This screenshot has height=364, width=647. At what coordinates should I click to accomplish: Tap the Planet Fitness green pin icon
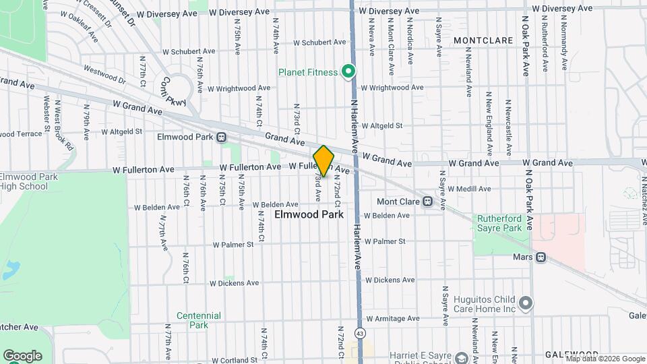[x=348, y=71]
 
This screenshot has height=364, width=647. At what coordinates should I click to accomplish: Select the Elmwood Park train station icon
[x=221, y=137]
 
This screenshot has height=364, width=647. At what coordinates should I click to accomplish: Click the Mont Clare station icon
[x=427, y=202]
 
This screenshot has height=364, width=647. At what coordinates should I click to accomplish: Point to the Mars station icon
[x=541, y=257]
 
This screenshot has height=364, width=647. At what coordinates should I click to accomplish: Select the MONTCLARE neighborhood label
[x=484, y=40]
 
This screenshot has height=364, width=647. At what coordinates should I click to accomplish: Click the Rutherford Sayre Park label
[x=499, y=223]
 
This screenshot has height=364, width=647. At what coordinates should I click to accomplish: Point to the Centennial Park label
[x=199, y=320]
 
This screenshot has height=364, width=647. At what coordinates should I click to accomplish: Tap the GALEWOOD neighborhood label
[x=572, y=355]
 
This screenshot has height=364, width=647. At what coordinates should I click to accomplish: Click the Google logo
[x=22, y=355]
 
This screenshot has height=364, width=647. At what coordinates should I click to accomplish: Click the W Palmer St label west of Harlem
[x=233, y=244]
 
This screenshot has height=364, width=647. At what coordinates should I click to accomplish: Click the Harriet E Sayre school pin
[x=462, y=356]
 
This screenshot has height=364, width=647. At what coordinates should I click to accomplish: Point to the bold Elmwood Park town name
[x=309, y=214]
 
